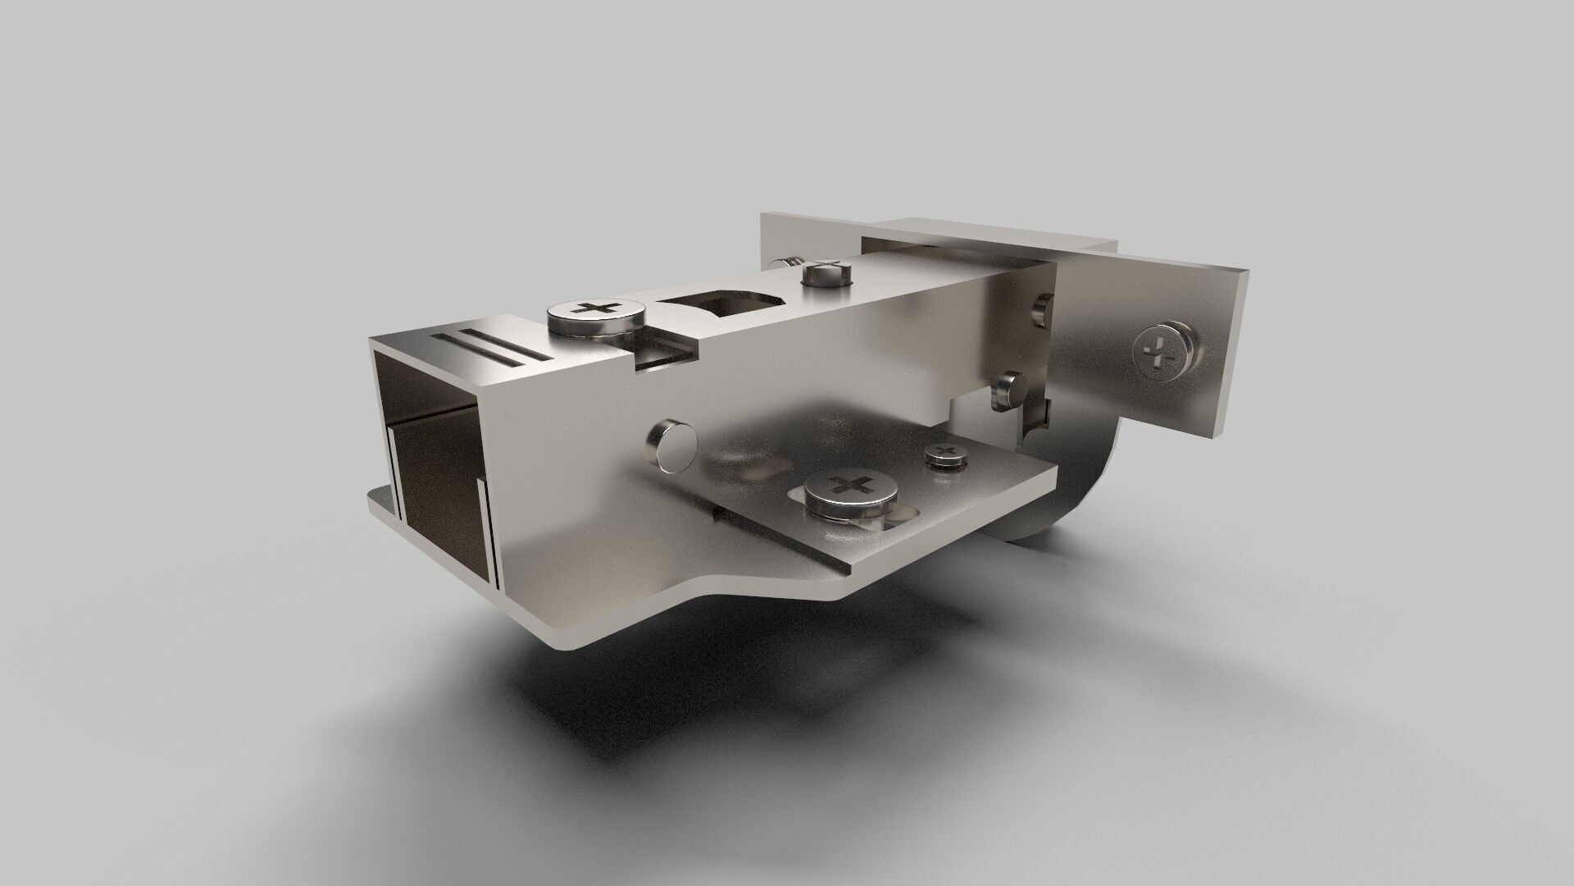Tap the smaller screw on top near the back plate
point(827,274)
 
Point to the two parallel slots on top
point(489,348)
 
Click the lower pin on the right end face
point(1009,389)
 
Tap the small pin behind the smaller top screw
point(785,263)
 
